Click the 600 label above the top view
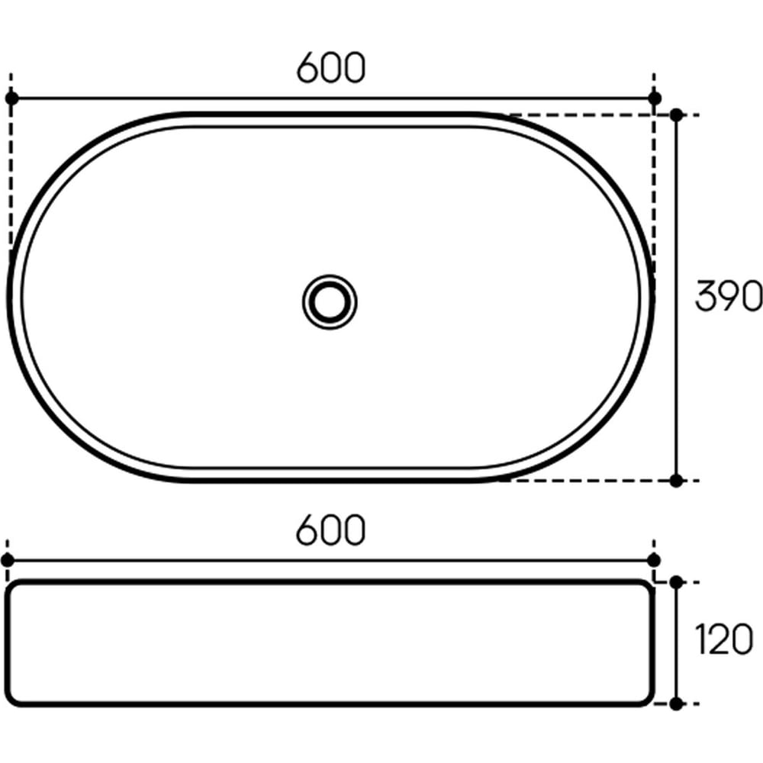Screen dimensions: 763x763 pyautogui.click(x=330, y=67)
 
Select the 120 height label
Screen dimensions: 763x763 pyautogui.click(x=724, y=639)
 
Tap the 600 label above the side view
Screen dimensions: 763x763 pyautogui.click(x=330, y=530)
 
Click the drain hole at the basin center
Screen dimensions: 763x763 pyautogui.click(x=330, y=301)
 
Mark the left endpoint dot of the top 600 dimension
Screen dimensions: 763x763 pyautogui.click(x=11, y=98)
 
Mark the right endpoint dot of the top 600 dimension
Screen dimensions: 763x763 pyautogui.click(x=655, y=98)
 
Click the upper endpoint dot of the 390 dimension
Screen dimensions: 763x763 pyautogui.click(x=676, y=115)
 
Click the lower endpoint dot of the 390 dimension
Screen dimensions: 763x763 pyautogui.click(x=676, y=481)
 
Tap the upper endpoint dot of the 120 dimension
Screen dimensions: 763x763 pyautogui.click(x=676, y=582)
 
